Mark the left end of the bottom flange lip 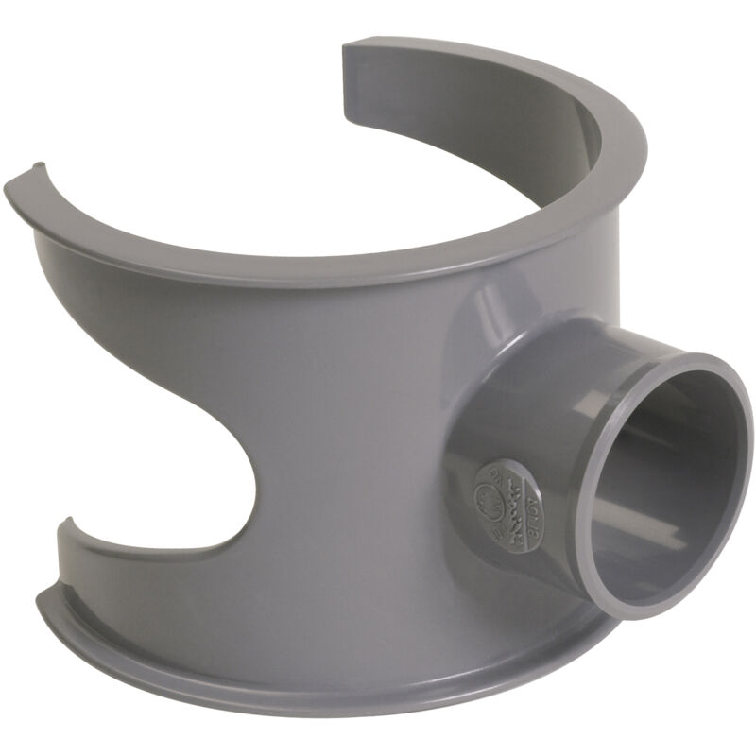[x=47, y=595]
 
